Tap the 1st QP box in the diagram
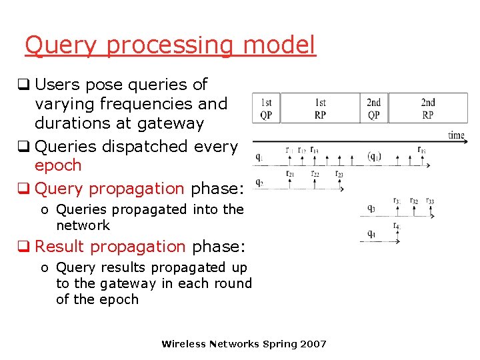point(266,109)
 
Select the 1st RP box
point(320,109)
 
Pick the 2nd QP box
point(374,109)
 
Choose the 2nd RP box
point(427,109)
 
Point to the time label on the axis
point(456,135)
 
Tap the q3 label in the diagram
point(371,209)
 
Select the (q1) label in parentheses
point(374,157)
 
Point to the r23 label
point(339,174)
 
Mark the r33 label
point(430,201)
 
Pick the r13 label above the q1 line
point(314,150)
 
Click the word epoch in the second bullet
point(58,165)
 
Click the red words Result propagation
point(110,247)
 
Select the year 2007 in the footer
point(313,344)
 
